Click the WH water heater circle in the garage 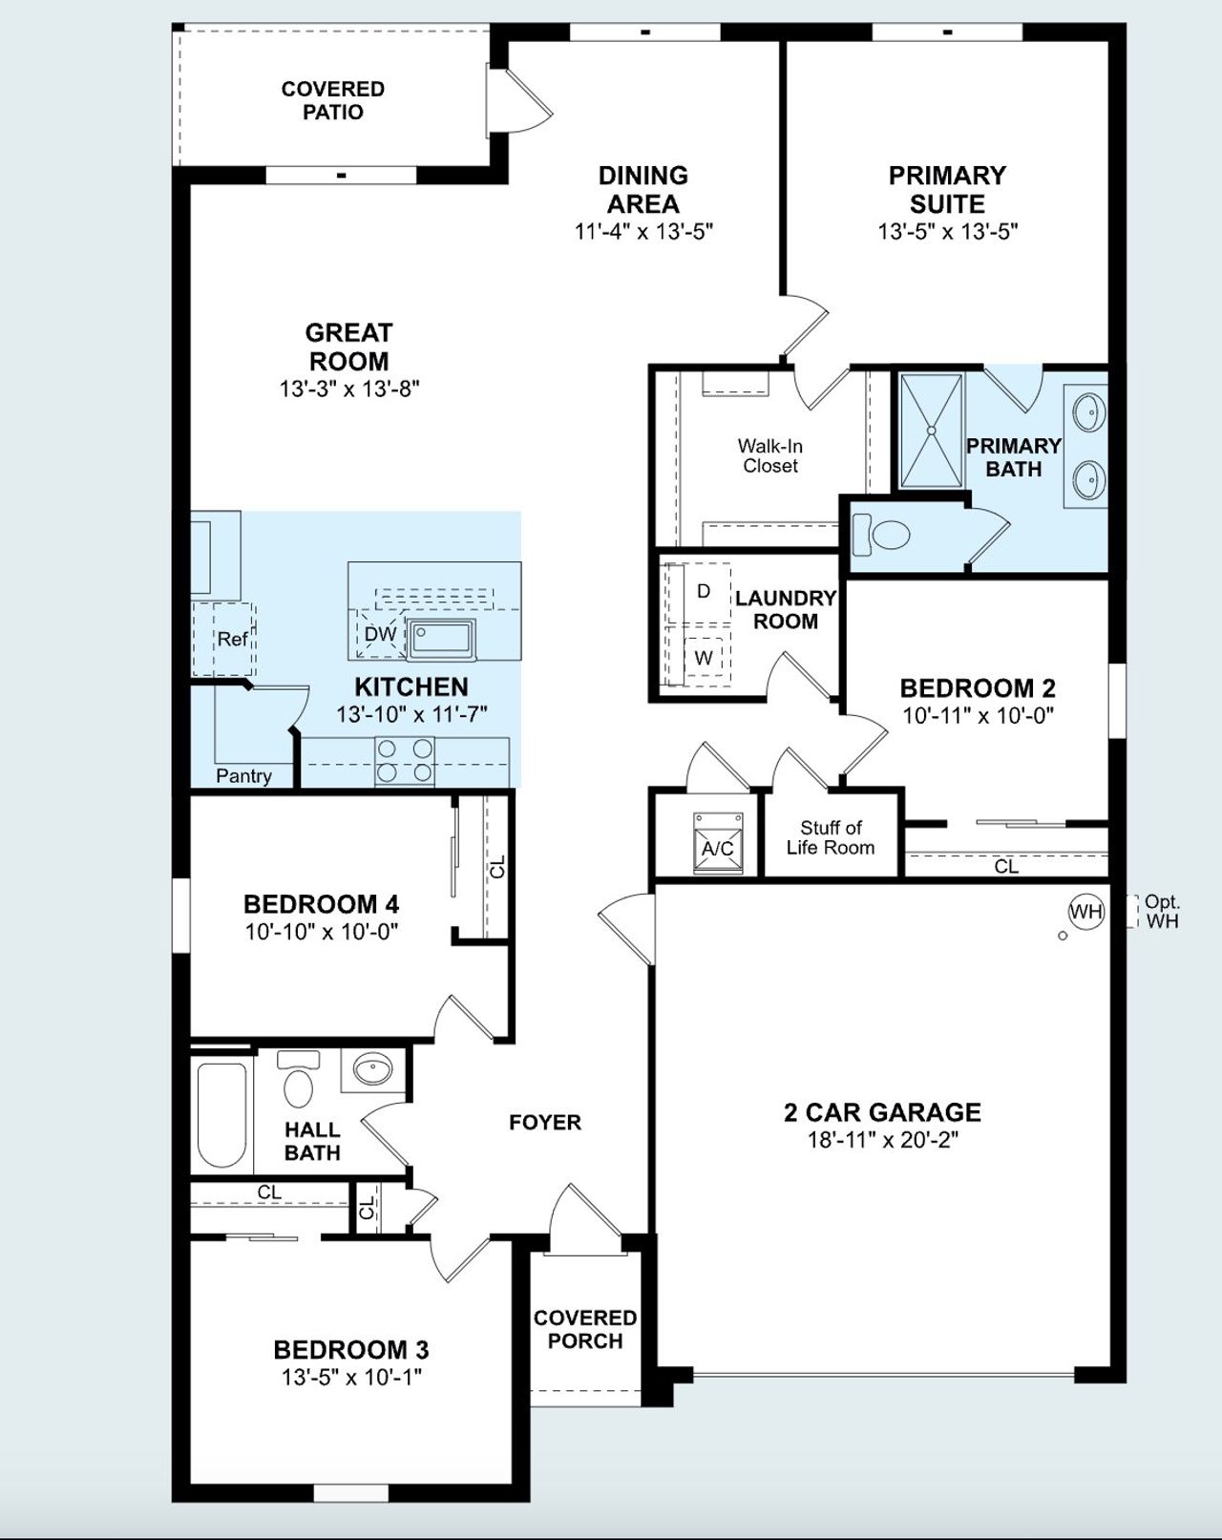coord(1085,912)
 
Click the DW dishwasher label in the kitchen coord(380,634)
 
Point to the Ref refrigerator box coord(232,639)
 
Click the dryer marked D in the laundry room coord(704,592)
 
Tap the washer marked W coord(704,658)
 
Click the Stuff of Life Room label coord(830,837)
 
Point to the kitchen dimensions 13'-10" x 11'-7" coord(411,714)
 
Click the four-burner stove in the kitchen coord(405,761)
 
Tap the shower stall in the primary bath coord(931,432)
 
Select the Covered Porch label coord(585,1329)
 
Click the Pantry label coord(243,775)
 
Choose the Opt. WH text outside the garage coord(1162,911)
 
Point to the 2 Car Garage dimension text coord(882,1139)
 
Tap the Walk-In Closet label coord(769,455)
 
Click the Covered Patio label coord(333,100)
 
